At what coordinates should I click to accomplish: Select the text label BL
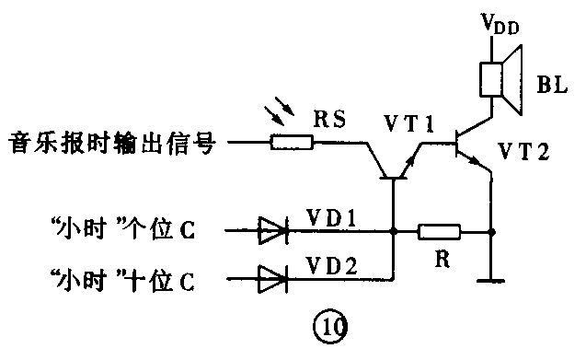coord(550,87)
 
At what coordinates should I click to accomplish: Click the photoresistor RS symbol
coord(292,143)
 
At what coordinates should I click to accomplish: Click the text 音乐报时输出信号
coord(111,144)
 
